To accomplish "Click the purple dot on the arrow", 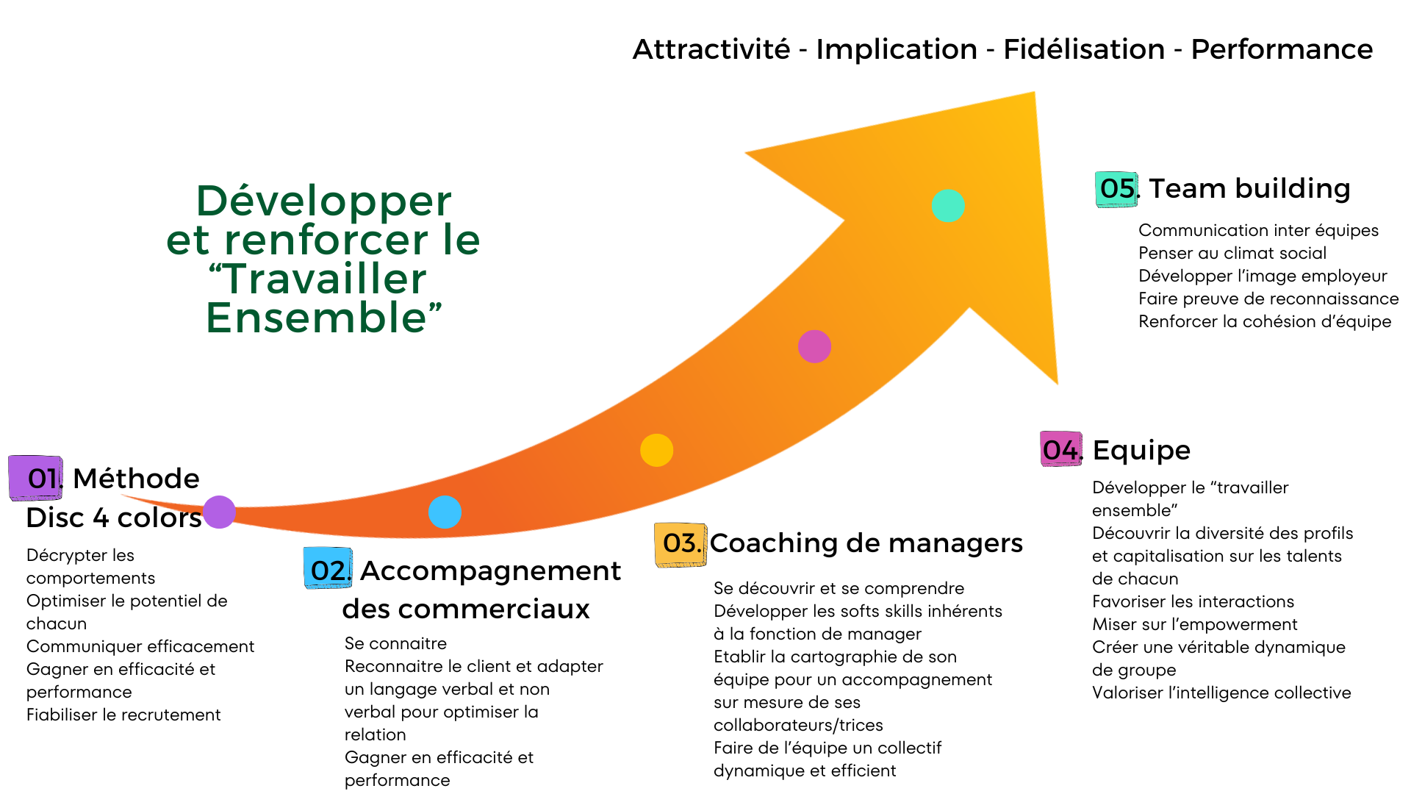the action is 219,512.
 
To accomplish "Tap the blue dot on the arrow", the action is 445,512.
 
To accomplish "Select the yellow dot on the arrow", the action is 656,450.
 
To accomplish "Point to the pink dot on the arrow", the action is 814,346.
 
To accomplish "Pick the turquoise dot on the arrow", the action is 948,206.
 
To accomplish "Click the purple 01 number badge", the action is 36,478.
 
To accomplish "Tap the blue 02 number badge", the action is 328,568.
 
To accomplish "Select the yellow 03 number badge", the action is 681,544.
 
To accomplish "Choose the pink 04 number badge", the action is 1061,449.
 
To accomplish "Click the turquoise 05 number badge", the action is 1116,189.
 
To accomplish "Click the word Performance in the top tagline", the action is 1282,49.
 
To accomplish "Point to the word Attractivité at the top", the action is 711,49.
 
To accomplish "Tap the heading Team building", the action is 1249,188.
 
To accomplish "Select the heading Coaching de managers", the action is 866,543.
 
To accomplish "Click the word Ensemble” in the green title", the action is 323,318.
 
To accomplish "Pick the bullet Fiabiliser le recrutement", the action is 123,715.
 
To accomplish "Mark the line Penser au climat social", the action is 1232,253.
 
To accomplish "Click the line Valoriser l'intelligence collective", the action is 1221,693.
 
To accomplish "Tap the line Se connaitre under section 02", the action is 395,643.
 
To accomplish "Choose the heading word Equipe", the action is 1141,450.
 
